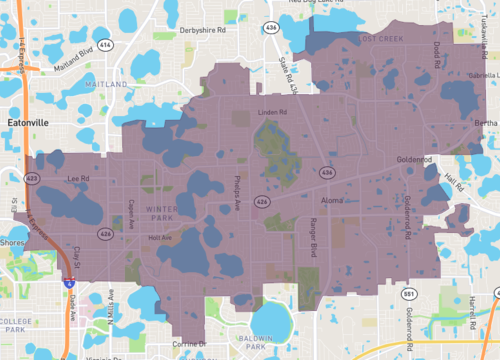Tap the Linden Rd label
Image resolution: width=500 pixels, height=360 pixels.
(x=271, y=112)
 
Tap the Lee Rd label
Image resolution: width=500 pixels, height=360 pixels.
(x=77, y=179)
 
